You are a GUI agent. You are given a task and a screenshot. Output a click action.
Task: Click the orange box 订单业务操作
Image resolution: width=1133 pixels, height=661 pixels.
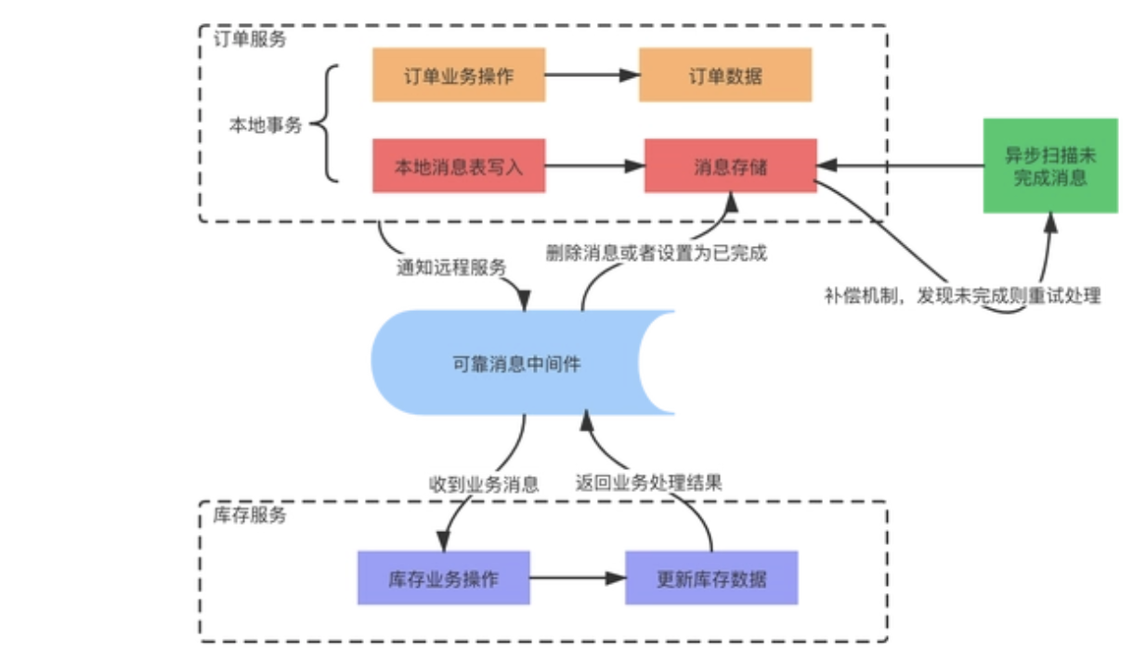coord(459,75)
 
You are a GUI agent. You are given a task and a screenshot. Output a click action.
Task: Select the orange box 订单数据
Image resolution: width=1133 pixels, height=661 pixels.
coord(725,75)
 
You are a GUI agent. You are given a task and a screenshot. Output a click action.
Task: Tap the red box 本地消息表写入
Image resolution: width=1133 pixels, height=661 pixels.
coord(459,166)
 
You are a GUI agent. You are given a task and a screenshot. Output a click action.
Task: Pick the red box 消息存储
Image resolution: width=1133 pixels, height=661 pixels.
coord(731,166)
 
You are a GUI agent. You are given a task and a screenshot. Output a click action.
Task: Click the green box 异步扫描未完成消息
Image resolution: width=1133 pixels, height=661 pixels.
coord(1037,166)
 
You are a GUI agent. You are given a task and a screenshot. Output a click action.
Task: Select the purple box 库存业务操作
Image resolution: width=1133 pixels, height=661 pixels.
coord(443,578)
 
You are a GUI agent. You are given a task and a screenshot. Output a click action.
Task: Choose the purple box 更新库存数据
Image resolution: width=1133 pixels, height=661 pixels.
coord(711,578)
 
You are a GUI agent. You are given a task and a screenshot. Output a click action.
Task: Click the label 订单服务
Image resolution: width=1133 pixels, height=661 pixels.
coord(250,40)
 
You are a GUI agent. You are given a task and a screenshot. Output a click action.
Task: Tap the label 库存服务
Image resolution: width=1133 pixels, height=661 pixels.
coord(250,515)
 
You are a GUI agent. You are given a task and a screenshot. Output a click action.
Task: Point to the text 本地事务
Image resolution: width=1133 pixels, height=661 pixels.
coord(266,124)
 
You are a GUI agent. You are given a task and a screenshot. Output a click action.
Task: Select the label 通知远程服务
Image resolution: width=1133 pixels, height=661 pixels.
coord(451,267)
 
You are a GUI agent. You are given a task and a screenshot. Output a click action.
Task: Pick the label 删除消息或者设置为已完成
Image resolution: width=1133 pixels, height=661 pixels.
coord(657,253)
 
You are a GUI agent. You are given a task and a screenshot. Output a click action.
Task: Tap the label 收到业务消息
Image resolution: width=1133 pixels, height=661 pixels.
coord(483,484)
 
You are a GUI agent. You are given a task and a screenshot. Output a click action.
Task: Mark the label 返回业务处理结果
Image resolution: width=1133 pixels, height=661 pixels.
coord(649,483)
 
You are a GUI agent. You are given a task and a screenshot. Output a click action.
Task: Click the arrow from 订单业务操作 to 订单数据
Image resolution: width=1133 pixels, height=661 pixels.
coord(592,75)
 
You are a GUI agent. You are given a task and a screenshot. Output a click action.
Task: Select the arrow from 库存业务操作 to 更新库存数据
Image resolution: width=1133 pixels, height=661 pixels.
coord(577,578)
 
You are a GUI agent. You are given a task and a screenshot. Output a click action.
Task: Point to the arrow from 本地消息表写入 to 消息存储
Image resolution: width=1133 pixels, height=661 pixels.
coord(594,166)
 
